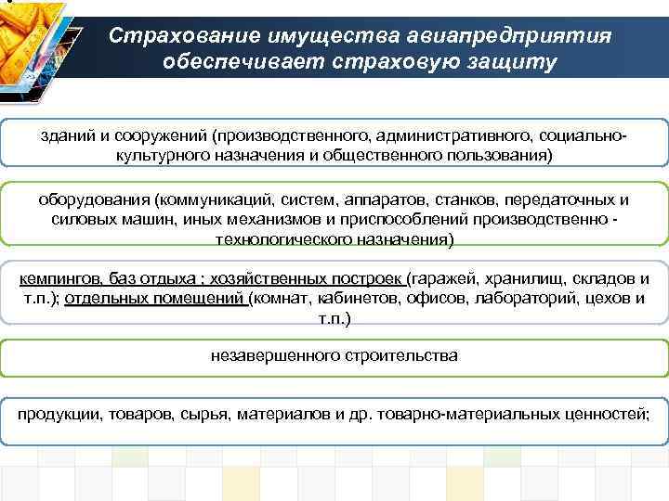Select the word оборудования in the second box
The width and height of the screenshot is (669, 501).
94,200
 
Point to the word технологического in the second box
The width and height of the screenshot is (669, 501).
280,240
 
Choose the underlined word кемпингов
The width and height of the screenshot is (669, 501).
59,278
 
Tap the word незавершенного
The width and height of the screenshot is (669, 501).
264,355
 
